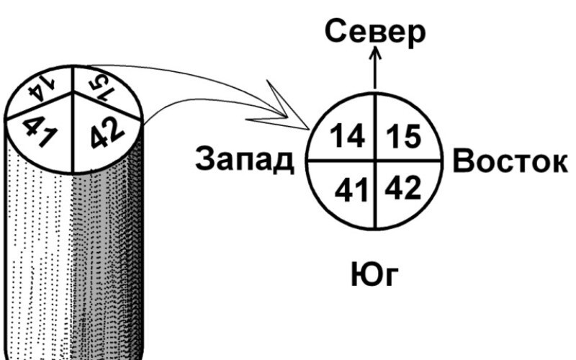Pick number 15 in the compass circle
pyautogui.click(x=402, y=137)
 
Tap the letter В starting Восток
pyautogui.click(x=464, y=161)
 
